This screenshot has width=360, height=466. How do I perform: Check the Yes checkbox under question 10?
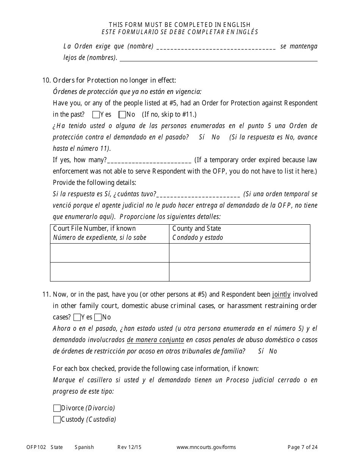coord(96,114)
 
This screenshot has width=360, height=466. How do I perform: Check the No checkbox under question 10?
coord(122,114)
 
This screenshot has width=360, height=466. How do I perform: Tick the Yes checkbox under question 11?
coord(77,317)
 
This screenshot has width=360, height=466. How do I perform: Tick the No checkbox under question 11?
coord(98,317)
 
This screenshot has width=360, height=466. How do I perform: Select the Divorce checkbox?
coord(57,408)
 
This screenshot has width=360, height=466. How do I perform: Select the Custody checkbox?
coord(57,419)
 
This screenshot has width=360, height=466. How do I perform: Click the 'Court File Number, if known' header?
coord(94,228)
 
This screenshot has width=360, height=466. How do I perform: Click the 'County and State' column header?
coord(196,228)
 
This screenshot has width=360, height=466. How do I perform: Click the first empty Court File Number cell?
coord(110,253)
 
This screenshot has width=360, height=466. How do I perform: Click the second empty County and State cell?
coord(239,272)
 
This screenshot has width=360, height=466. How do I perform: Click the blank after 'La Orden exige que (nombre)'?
coord(216,47)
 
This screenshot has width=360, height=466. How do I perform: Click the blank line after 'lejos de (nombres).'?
coord(218,58)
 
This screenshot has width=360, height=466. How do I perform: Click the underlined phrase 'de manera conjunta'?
coord(155,340)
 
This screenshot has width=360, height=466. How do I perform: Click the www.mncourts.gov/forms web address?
coord(206,447)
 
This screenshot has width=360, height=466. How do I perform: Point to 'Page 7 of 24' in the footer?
coord(302,447)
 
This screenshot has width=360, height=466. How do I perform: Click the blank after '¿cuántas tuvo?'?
coord(198,194)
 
